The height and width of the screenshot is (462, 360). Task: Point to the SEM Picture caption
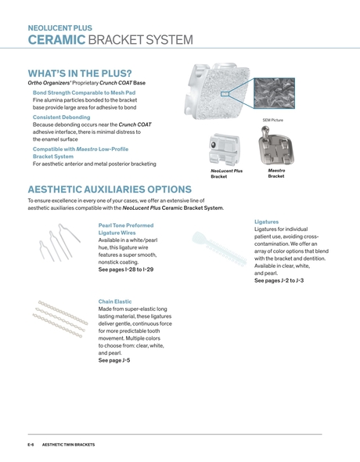point(272,120)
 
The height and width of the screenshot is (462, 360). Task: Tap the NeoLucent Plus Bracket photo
point(225,149)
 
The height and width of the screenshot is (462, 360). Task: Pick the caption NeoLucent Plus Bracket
point(227,173)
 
